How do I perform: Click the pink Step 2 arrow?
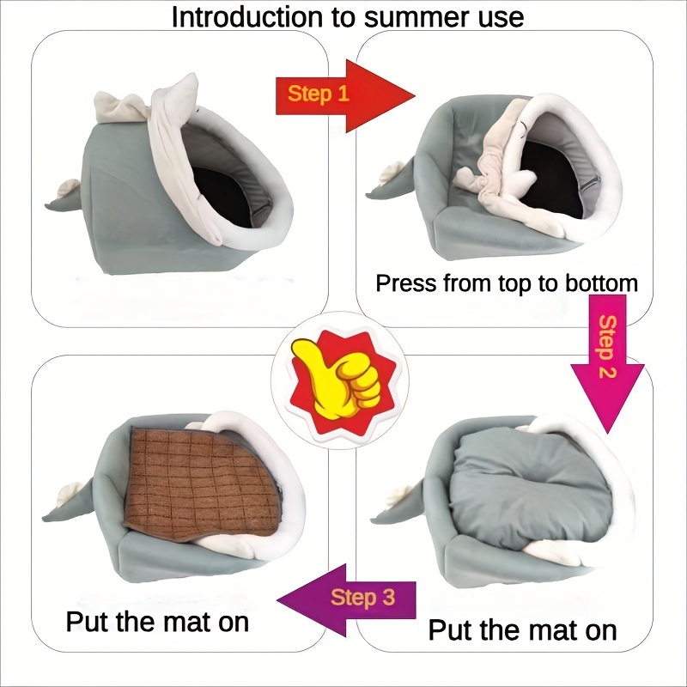tap(607, 361)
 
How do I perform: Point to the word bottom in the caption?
tap(595, 283)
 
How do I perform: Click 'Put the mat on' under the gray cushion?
tap(522, 630)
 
